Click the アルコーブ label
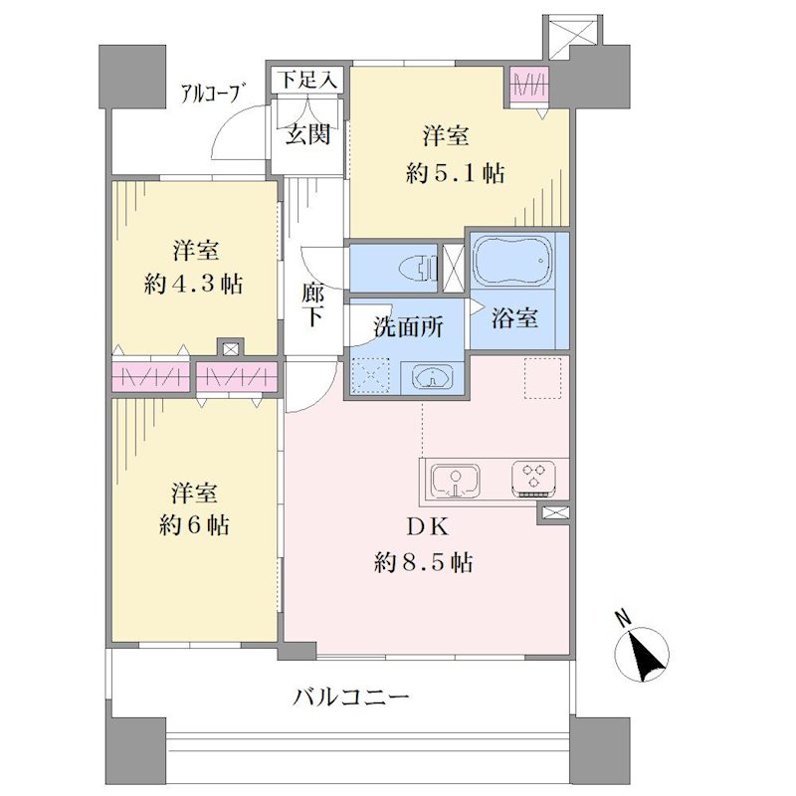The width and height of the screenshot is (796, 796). (210, 94)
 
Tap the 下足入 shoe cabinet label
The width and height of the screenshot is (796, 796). (308, 81)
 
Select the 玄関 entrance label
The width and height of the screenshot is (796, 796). (308, 133)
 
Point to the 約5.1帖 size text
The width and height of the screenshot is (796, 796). (456, 174)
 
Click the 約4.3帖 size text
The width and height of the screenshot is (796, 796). (193, 285)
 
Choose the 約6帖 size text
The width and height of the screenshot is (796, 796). (194, 525)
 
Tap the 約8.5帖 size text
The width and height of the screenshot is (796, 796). (424, 563)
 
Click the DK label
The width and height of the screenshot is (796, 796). (428, 527)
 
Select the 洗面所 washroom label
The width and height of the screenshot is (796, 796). (408, 327)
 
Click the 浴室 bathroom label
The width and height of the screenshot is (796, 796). (514, 318)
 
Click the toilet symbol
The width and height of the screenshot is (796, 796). (419, 268)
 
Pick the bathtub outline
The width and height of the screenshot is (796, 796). (512, 260)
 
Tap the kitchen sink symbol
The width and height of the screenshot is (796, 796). (456, 481)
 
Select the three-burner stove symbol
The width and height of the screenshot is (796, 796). (533, 479)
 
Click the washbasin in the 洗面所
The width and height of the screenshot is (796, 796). (432, 376)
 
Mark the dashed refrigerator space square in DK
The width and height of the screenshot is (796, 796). (542, 378)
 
